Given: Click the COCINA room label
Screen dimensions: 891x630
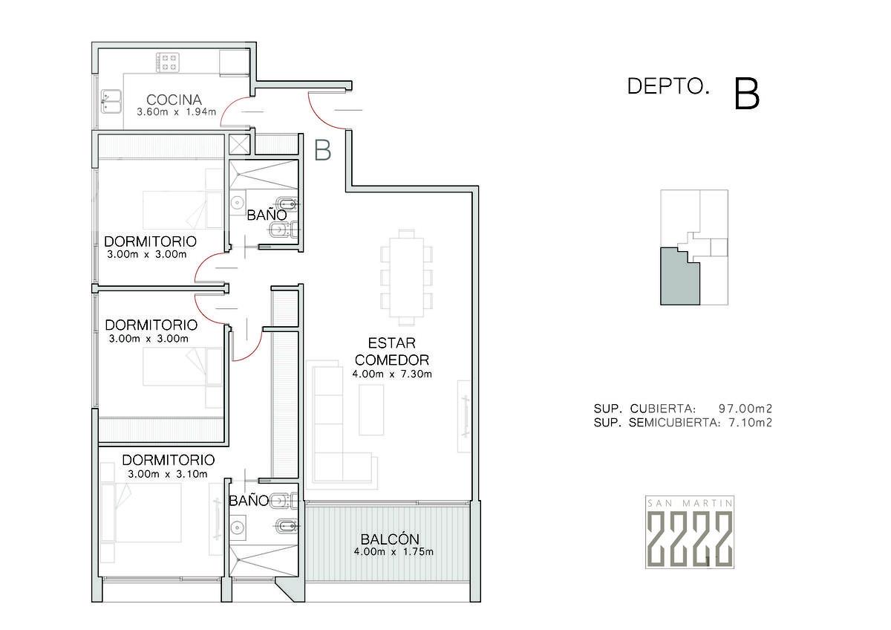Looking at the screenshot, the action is click(x=174, y=100).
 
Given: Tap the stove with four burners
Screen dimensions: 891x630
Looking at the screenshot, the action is click(x=168, y=62).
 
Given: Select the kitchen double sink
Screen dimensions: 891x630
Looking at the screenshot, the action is click(x=111, y=102).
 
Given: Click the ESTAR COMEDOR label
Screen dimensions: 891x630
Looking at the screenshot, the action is click(x=392, y=351).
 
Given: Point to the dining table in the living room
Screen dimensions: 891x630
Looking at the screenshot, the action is click(x=406, y=276).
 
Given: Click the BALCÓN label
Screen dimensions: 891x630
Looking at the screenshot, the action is click(x=390, y=539).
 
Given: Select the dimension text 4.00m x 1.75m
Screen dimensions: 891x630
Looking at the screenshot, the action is click(x=394, y=552).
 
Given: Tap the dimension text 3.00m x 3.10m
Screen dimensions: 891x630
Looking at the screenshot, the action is click(x=168, y=474).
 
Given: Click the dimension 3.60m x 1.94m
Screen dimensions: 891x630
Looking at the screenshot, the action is click(x=176, y=112).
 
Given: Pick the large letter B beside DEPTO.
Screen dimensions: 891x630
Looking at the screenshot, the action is click(x=747, y=94).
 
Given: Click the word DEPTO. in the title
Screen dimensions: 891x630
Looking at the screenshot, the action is click(x=668, y=86).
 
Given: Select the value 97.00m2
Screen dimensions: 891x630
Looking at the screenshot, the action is click(x=745, y=409).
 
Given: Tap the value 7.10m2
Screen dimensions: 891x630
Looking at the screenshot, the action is click(x=750, y=422).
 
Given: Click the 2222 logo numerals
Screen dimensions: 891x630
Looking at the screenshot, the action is click(x=689, y=538).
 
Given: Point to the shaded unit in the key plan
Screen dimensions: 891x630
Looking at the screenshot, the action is click(x=678, y=279).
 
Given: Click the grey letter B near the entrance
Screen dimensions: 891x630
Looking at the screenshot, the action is click(x=322, y=150).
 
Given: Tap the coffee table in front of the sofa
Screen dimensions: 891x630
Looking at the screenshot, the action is click(x=371, y=410).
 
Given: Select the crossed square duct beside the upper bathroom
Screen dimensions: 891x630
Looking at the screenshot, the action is click(x=239, y=144).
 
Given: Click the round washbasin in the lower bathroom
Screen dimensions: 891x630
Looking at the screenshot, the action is click(x=238, y=527).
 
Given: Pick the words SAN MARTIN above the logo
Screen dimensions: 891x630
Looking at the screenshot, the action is click(x=689, y=504).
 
